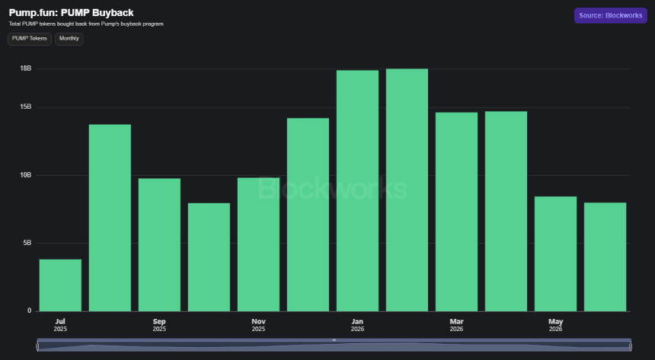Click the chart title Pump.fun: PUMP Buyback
(71, 12)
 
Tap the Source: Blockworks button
(610, 15)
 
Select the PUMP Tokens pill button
(30, 39)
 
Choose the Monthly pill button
(69, 39)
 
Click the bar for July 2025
(60, 285)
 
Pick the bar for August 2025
(110, 218)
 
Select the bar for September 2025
(159, 245)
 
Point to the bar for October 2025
(209, 256)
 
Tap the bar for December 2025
(308, 215)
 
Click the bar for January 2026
(357, 190)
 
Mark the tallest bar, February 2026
(407, 190)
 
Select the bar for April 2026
(506, 212)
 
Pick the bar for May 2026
(555, 253)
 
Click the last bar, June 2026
(605, 256)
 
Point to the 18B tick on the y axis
(25, 68)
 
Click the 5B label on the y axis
(27, 243)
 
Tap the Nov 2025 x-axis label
(258, 325)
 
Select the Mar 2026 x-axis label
(456, 325)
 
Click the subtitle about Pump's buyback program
(86, 24)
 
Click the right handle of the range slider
(631, 346)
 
